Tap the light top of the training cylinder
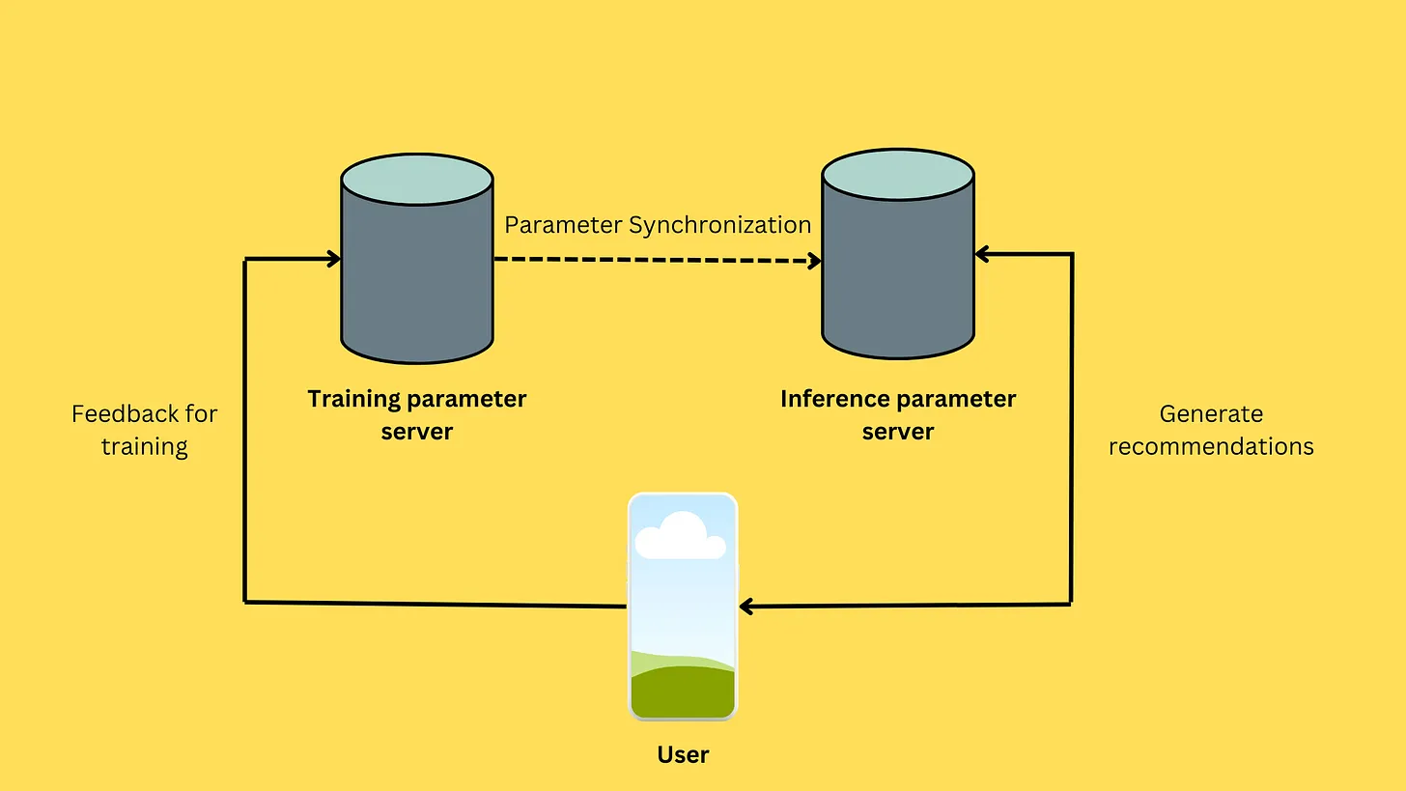[x=417, y=180]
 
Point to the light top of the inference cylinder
[x=898, y=175]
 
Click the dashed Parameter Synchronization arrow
[x=657, y=260]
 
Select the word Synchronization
[x=719, y=225]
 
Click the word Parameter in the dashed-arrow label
[x=563, y=225]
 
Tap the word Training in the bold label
[x=353, y=399]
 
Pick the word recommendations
[x=1211, y=446]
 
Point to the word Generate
[x=1211, y=413]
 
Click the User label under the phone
[x=683, y=754]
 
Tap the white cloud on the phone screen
[x=681, y=537]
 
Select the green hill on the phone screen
[x=683, y=691]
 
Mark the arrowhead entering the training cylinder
[x=333, y=259]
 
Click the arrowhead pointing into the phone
[x=746, y=607]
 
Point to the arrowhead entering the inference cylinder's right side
[x=982, y=254]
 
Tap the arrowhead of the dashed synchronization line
[x=815, y=261]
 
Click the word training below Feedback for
[x=145, y=446]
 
